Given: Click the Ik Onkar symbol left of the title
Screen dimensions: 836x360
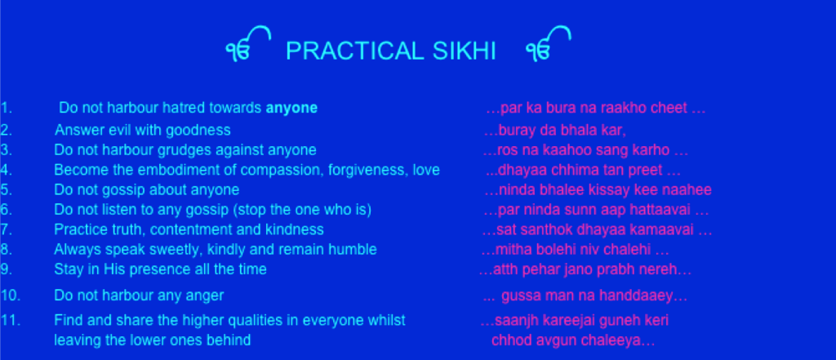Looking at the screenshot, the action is tap(248, 44).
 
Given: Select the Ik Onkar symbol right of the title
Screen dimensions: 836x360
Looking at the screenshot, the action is tap(548, 44).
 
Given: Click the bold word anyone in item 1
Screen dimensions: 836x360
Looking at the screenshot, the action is tap(291, 109).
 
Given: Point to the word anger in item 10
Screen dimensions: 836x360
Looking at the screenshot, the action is tap(205, 296).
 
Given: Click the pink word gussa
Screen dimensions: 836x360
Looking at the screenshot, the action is tap(520, 296).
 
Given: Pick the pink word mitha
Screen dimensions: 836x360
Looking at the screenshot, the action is tap(509, 249).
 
